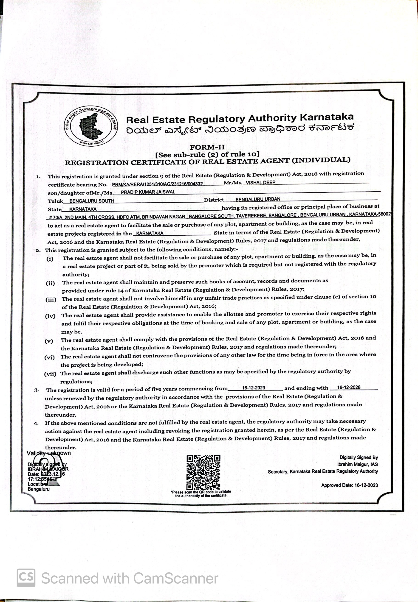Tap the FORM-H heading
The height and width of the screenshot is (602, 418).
click(207, 147)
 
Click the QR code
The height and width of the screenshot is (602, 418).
click(203, 473)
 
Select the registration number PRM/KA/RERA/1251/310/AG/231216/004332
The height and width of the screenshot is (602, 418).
click(157, 184)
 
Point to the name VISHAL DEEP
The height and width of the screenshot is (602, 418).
click(260, 182)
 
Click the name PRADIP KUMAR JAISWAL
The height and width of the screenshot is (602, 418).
click(148, 192)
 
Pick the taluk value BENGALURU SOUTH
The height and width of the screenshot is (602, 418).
click(92, 201)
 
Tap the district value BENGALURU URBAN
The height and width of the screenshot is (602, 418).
click(258, 199)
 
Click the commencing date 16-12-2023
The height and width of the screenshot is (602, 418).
click(254, 388)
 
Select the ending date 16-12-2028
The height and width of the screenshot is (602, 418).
click(349, 387)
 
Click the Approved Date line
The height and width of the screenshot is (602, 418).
click(349, 485)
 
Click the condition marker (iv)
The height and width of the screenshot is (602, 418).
click(50, 316)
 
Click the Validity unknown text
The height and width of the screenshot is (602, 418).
click(48, 453)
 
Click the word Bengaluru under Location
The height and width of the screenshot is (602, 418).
click(39, 489)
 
